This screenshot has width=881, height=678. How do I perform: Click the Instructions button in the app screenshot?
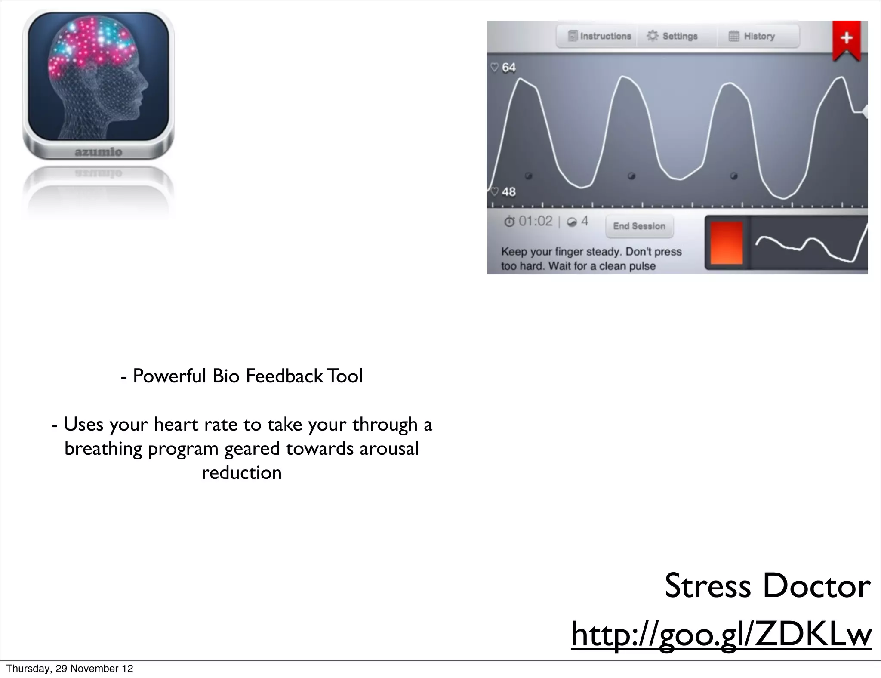click(600, 36)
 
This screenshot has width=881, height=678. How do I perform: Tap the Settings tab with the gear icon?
click(673, 36)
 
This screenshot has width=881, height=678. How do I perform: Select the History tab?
click(752, 36)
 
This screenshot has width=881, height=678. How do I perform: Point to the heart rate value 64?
click(508, 68)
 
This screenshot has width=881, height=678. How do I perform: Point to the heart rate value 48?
click(508, 192)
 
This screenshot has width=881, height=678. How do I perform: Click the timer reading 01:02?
click(535, 221)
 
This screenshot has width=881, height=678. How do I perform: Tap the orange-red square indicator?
click(727, 243)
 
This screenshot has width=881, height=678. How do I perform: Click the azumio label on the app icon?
click(99, 152)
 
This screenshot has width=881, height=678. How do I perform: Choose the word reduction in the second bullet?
click(241, 473)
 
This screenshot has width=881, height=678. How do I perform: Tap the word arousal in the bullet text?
click(388, 449)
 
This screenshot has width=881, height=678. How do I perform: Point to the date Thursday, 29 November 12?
click(70, 669)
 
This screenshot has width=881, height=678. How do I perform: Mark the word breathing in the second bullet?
click(103, 449)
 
